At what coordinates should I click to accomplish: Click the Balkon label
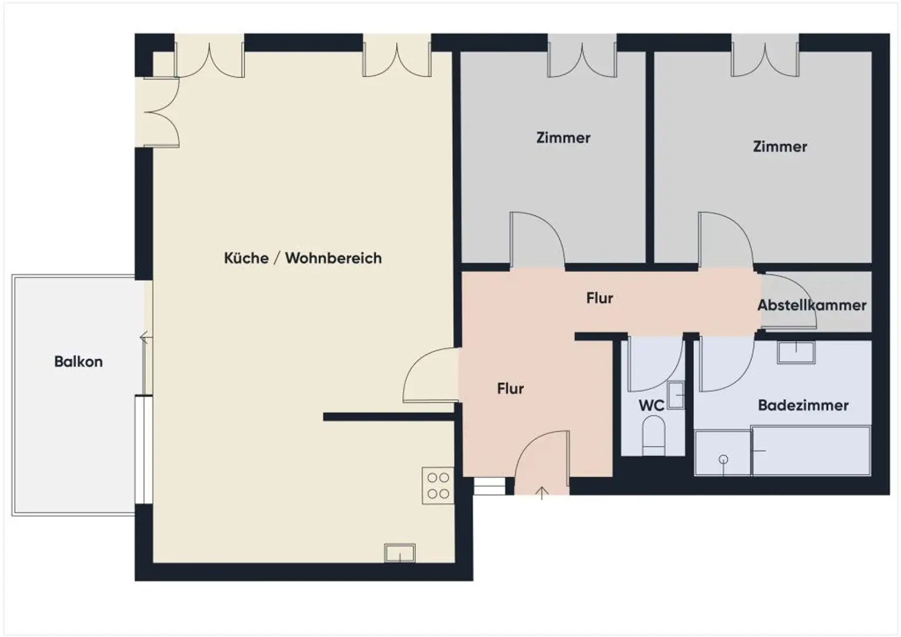(78, 362)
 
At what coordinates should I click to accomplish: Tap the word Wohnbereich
(333, 258)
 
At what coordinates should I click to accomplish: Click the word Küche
(246, 258)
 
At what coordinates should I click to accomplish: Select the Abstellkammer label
(811, 305)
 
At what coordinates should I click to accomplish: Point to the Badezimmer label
(803, 405)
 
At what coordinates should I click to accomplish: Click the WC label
(651, 405)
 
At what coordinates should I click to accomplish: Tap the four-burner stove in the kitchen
(438, 486)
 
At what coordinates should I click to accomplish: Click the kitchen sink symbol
(399, 553)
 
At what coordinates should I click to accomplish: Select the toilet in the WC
(653, 434)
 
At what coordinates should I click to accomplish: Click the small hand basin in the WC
(676, 395)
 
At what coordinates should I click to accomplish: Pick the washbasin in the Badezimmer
(796, 352)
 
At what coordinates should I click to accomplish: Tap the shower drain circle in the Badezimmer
(723, 459)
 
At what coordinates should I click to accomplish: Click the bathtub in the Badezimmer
(811, 451)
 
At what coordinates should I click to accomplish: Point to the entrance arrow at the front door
(542, 493)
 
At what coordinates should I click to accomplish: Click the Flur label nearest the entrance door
(510, 389)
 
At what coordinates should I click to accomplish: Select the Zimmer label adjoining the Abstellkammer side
(780, 147)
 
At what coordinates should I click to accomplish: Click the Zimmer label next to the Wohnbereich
(563, 138)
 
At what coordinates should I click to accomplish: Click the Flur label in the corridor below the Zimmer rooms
(599, 298)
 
